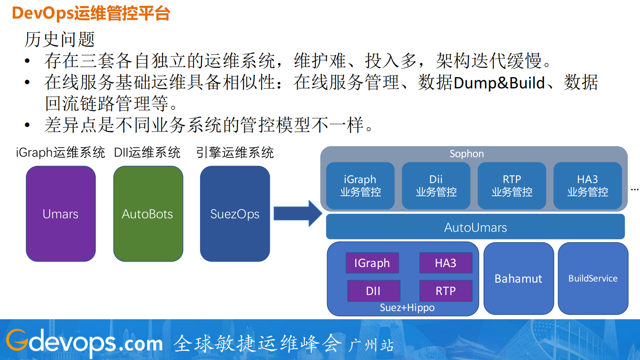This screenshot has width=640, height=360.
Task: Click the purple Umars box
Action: [61, 214]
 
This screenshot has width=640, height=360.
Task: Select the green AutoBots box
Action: [148, 214]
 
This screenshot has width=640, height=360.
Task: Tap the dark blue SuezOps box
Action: [235, 214]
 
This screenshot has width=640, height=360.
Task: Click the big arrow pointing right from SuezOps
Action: [297, 213]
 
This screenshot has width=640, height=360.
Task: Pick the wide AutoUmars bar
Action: [475, 227]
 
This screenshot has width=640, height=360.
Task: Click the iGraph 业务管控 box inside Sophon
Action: [360, 186]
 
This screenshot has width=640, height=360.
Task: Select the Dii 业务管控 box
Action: [436, 186]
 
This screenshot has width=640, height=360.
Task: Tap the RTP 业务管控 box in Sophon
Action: [512, 186]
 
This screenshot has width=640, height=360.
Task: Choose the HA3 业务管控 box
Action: [588, 186]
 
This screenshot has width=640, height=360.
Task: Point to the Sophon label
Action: [467, 154]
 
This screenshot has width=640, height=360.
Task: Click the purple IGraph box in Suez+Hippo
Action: [372, 263]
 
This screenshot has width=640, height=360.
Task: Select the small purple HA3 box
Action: [446, 263]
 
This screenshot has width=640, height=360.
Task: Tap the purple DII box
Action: [373, 291]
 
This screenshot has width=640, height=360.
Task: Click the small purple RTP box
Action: [446, 291]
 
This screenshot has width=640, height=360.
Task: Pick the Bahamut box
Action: [518, 278]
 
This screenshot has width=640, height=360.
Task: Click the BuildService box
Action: [593, 278]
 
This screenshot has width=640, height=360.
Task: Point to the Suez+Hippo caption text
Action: [407, 308]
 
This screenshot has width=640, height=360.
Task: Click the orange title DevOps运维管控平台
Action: [91, 13]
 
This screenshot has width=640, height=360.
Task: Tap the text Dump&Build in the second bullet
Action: [499, 83]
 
